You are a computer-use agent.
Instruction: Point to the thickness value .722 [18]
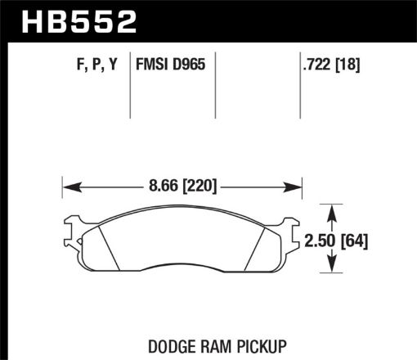pyautogui.click(x=330, y=63)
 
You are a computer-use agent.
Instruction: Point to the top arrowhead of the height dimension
pyautogui.click(x=331, y=209)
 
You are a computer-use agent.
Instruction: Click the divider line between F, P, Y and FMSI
pyautogui.click(x=132, y=86)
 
